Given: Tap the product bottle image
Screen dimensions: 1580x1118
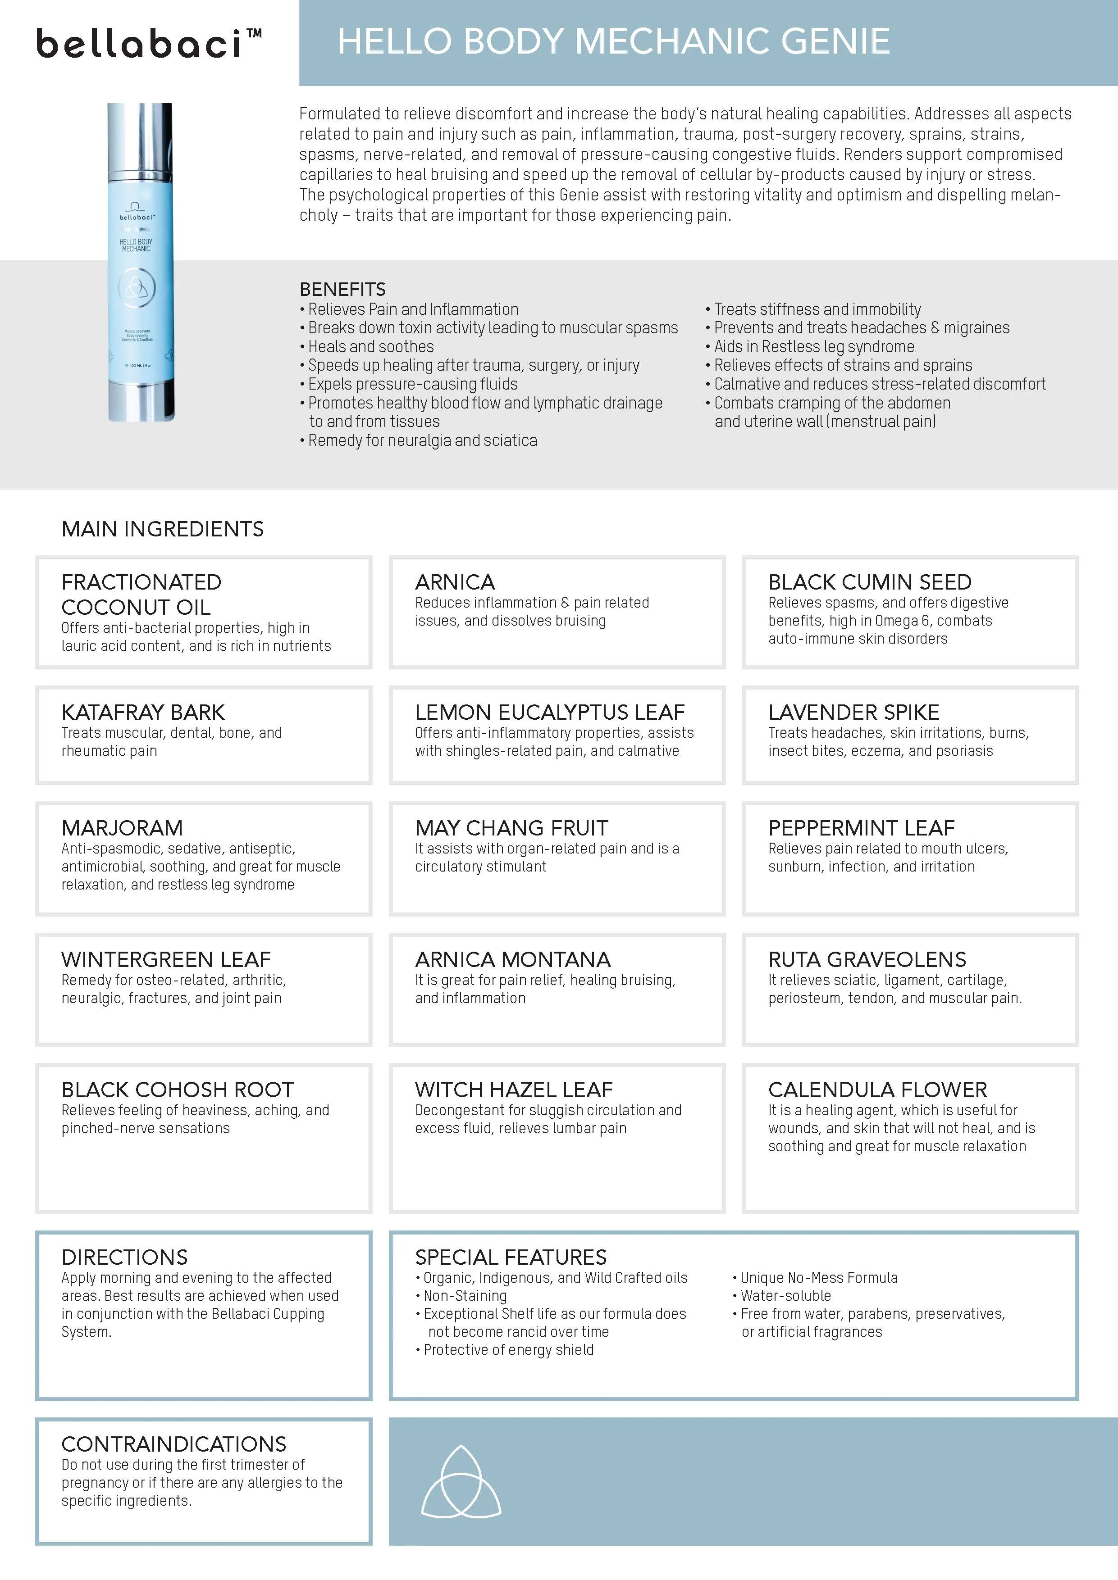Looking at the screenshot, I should tap(141, 262).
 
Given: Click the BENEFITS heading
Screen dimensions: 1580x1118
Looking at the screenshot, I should tap(342, 289).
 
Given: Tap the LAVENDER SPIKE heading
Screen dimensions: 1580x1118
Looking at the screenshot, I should tap(853, 712).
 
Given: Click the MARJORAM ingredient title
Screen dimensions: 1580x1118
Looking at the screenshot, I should tap(122, 827).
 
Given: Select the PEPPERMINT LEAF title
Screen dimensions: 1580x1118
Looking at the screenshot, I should tap(861, 827).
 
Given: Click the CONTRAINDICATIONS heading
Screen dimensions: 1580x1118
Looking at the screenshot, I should tap(173, 1443).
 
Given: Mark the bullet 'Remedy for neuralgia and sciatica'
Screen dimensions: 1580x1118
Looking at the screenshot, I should tap(422, 440).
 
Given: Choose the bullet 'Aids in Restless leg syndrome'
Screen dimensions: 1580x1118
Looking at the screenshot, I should tap(814, 346).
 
